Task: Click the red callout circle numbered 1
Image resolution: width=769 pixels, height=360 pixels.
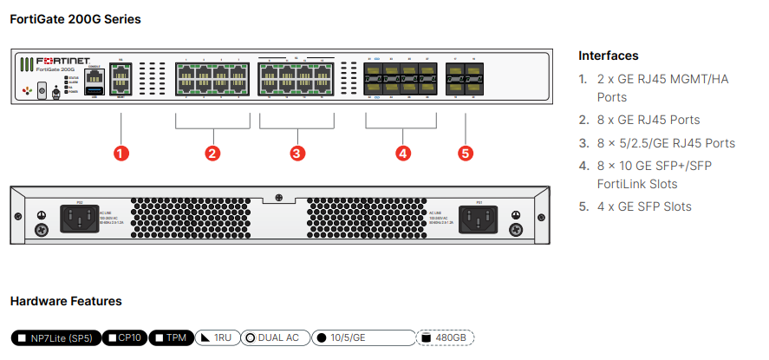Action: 121,153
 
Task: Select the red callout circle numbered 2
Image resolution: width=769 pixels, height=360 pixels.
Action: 212,153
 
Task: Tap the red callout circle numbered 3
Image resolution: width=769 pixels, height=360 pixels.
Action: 297,153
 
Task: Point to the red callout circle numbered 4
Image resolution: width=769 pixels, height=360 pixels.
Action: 402,153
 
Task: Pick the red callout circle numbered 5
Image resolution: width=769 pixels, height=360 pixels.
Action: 466,153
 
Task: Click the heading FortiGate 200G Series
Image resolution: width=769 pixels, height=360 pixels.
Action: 75,18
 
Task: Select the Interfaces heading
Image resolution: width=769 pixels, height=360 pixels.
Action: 609,56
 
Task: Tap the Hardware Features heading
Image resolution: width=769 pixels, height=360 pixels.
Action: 66,301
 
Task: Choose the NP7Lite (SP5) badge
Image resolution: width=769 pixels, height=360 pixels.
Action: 56,337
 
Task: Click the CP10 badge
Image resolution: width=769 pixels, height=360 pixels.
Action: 125,337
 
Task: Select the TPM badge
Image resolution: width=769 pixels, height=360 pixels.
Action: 170,337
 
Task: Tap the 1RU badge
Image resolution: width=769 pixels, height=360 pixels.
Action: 215,337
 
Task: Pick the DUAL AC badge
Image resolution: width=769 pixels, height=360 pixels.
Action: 275,337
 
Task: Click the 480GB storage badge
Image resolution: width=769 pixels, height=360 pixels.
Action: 446,337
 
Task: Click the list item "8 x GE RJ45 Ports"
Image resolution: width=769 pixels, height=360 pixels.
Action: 648,120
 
